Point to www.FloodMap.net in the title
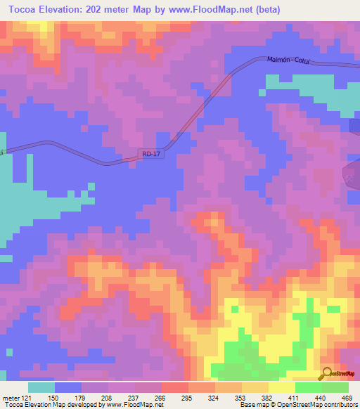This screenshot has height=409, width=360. coord(229,9)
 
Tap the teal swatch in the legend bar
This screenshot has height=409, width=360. coord(41,387)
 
